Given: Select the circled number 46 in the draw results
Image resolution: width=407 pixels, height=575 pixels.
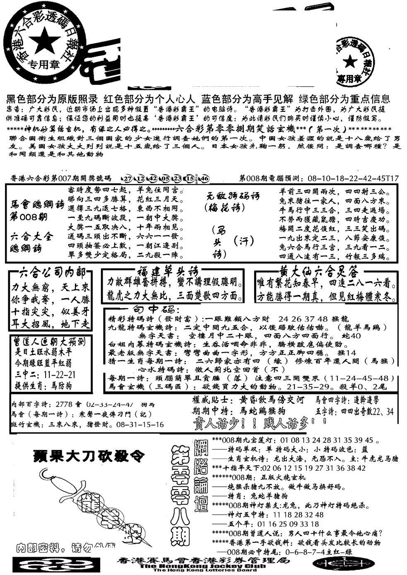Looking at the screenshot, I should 203,179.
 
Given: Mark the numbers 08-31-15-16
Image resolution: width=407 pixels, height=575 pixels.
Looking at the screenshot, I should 140,425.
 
